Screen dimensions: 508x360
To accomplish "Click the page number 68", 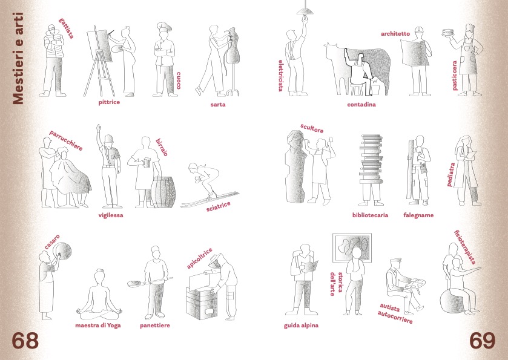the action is [25, 341].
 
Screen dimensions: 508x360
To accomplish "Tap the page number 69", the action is [483, 341].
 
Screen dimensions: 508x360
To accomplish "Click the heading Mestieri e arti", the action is [18, 59].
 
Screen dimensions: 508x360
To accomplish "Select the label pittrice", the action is [109, 102].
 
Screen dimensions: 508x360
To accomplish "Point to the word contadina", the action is [361, 105].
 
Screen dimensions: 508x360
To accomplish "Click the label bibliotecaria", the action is [370, 215].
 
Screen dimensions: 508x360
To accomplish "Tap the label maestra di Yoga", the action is [98, 325].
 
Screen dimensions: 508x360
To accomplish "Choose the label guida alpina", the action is [301, 326].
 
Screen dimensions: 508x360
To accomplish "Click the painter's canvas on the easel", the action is [104, 45].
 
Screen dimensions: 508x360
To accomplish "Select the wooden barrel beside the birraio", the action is [163, 192].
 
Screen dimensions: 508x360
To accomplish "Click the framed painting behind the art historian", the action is [352, 248].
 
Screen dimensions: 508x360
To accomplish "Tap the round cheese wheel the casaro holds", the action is [63, 250].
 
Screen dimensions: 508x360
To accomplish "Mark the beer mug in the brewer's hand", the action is [146, 162].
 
